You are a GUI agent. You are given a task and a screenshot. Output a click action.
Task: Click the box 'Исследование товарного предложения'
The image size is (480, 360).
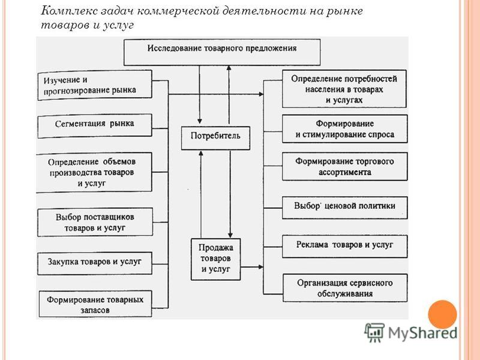(222, 52)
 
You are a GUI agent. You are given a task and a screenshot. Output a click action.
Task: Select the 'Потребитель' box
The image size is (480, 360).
(215, 138)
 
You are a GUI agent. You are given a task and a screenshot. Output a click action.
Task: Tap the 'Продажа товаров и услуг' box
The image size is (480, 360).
(215, 259)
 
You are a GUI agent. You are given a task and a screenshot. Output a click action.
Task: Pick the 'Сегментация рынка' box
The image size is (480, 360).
(95, 126)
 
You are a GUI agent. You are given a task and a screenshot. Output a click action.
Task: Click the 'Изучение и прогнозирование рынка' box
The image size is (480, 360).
(95, 85)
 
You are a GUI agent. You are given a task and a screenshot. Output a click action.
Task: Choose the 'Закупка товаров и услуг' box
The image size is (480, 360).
(95, 263)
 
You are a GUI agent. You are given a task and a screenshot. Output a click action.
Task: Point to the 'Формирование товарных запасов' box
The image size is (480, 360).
(95, 304)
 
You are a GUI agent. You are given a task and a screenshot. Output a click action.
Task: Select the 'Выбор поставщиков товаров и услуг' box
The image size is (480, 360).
(95, 222)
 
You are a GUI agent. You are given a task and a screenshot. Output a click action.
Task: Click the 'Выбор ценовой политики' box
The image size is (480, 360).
(344, 208)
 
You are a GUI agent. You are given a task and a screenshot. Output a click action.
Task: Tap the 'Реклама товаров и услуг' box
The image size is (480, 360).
(344, 247)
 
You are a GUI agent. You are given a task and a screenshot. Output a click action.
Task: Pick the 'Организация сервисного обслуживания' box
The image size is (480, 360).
(345, 288)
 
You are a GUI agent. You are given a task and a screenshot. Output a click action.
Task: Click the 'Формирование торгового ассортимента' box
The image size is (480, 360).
(344, 167)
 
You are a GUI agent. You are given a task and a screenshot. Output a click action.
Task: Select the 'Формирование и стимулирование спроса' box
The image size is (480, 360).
(344, 129)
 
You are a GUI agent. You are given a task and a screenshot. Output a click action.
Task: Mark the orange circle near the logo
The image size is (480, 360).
(442, 314)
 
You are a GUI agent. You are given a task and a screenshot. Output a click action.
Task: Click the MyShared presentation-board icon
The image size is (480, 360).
(374, 332)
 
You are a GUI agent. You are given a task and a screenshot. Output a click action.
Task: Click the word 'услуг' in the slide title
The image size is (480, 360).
(118, 26)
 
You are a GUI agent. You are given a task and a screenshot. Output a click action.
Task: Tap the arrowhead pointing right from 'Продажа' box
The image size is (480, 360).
(261, 267)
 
